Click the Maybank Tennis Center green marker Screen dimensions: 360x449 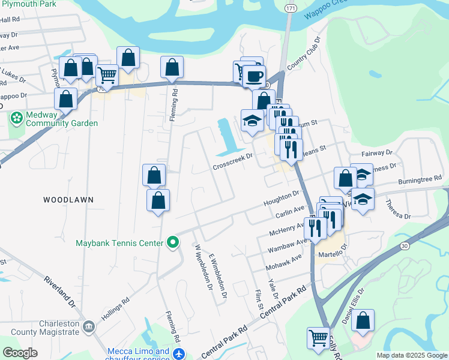point(173,243)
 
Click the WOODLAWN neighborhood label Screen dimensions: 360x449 point(68,199)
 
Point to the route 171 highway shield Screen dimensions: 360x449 point(291,8)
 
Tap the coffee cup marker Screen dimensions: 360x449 point(255,76)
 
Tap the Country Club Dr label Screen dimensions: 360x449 point(304,58)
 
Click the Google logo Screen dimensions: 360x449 point(20,353)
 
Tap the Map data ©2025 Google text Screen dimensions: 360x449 point(411,355)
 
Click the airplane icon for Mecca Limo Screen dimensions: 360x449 point(178,354)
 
